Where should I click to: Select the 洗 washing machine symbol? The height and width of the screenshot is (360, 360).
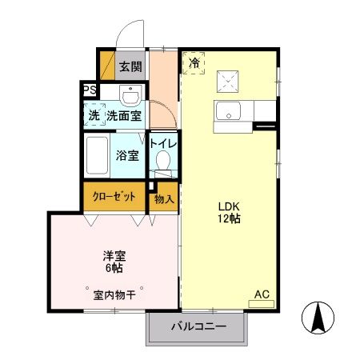click(x=94, y=114)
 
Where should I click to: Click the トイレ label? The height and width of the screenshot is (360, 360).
click(x=164, y=143)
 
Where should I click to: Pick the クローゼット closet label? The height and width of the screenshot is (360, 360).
click(x=114, y=197)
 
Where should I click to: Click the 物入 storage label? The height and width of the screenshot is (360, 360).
click(x=163, y=198)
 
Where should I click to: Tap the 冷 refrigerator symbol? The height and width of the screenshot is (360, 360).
click(x=194, y=62)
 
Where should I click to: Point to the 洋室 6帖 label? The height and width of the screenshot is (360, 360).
click(x=114, y=262)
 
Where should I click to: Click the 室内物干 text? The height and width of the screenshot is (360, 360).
click(x=114, y=295)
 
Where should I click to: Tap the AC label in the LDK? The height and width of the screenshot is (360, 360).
click(x=261, y=295)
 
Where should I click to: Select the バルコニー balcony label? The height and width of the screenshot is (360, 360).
click(x=198, y=326)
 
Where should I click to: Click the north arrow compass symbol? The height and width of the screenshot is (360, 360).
click(x=318, y=318)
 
